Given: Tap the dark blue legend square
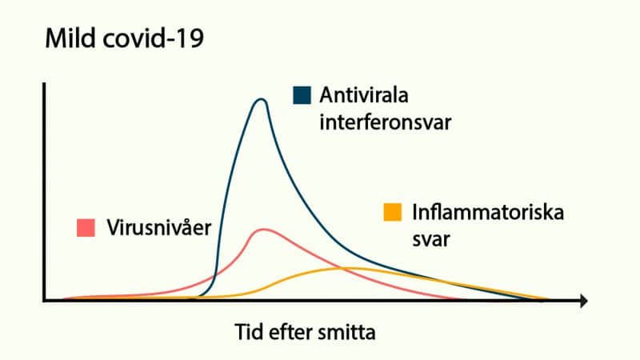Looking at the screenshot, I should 302,96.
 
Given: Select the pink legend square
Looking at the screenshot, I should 86,228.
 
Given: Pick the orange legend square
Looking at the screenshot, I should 392,213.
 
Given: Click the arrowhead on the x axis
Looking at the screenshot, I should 584,301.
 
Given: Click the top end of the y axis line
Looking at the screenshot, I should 46,83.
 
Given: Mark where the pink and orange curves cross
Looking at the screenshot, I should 343,268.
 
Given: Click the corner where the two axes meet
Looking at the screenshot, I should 46,301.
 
